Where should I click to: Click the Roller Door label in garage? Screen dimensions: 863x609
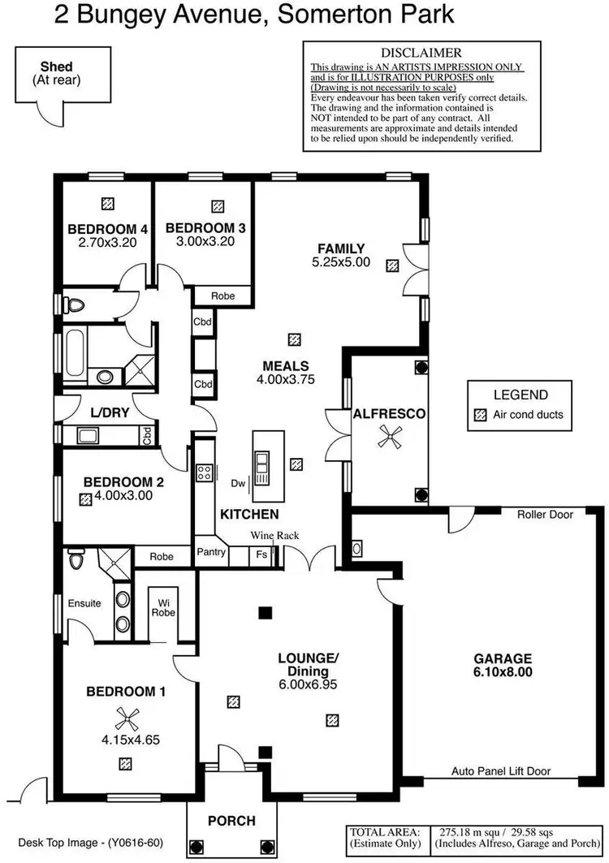point(546,515)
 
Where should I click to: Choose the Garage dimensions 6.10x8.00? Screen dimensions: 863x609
point(504,672)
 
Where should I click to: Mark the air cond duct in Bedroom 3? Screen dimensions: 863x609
point(217,206)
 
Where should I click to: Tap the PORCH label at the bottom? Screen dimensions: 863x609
point(231,821)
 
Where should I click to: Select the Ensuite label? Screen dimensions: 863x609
point(84,603)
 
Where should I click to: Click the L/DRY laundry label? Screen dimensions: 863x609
point(110,412)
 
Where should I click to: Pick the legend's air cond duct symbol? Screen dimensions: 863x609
point(478,414)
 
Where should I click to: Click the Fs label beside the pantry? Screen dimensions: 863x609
point(261,554)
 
